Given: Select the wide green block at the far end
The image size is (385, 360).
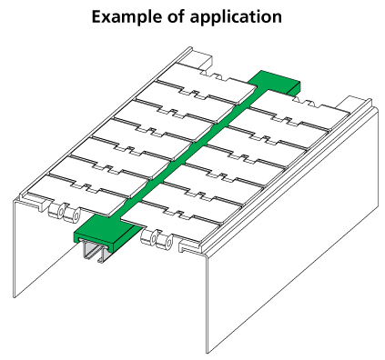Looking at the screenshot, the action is coord(274,80).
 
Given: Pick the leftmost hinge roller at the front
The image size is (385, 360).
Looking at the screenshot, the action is coord(56,211).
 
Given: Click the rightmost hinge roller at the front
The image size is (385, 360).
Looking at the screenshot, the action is coord(165,241).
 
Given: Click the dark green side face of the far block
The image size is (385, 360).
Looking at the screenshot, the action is coord(293,88).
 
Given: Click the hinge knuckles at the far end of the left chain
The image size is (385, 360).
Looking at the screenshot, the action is coord(215,75).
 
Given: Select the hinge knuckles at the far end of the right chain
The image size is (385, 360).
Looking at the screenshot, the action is coord(307,103).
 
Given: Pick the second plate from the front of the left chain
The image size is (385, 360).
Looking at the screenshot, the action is coord(100,175).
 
